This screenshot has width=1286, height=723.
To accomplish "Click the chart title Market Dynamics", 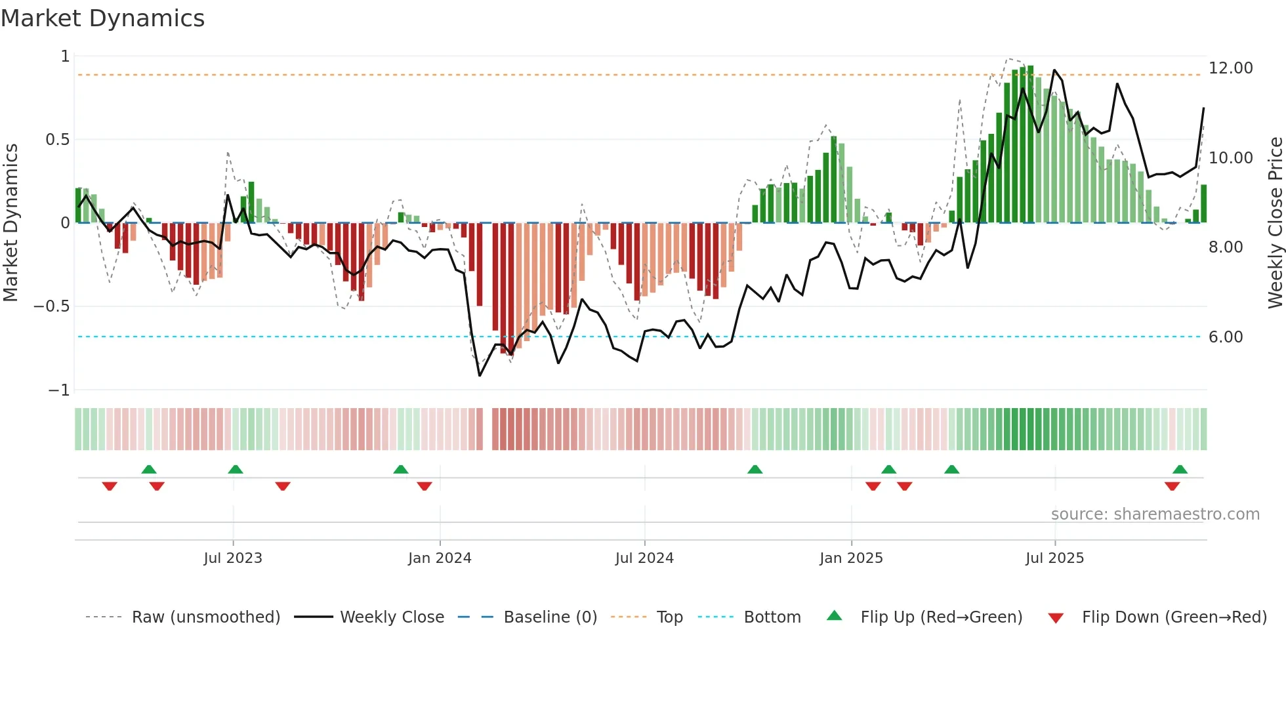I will point(102,18).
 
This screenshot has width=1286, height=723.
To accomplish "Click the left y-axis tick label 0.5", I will point(57,140).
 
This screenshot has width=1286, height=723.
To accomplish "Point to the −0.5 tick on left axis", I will point(52,306).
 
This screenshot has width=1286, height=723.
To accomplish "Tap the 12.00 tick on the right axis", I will point(1230,68).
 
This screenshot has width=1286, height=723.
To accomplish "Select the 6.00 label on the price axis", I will point(1225,337).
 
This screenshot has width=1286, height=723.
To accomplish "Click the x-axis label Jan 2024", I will point(440,558).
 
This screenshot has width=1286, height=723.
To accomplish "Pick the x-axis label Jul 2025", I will point(1054,558).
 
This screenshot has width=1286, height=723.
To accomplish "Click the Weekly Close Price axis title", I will point(1275,223).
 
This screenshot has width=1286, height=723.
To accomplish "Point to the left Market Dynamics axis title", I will point(10,223).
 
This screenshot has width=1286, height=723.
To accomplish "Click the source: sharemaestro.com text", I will point(1155,514).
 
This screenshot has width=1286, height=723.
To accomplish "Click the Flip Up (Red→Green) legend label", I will point(941,617).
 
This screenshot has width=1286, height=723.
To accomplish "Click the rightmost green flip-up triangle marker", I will point(1180,470).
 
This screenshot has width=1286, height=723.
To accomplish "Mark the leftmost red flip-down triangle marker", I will point(110,486).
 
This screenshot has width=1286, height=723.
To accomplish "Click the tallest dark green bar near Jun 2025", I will point(1030,144).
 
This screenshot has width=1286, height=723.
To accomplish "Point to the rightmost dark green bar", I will point(1203,204).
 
